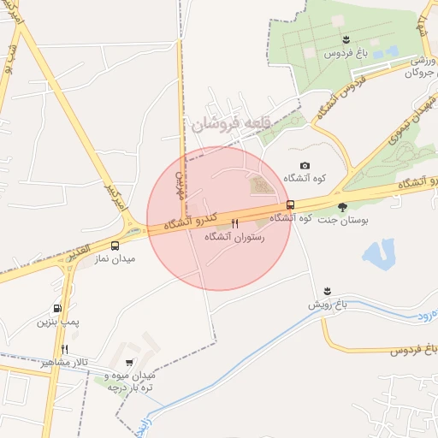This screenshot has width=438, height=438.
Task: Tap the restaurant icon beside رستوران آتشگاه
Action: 235,224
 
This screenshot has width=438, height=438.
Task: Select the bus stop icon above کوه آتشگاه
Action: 291,204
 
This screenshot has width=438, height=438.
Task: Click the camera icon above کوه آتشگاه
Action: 305,166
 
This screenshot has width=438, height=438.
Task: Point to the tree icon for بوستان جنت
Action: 343,206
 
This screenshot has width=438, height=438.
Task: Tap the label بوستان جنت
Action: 342,220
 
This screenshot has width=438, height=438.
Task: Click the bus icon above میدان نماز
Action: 115,246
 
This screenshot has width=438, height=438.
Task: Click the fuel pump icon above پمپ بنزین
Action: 57,309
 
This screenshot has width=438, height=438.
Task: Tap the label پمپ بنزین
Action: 57,322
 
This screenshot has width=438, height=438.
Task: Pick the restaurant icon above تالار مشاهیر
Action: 64,349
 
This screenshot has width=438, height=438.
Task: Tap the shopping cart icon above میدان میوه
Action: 129,363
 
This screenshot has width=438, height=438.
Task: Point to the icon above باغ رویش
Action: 327,291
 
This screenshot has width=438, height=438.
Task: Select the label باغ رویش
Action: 326,305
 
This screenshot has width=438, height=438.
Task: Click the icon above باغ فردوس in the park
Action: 345,40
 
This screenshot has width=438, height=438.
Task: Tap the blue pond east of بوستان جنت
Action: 377,254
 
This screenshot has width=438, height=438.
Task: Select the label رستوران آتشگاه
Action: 235,238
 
